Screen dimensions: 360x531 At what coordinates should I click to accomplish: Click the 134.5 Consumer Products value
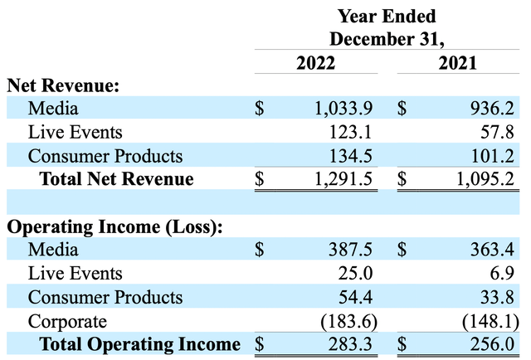[354, 155]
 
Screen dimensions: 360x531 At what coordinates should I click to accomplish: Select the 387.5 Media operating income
[354, 250]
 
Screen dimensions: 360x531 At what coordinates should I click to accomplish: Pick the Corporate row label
[66, 321]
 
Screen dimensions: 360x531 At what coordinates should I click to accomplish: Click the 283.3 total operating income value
[354, 344]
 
